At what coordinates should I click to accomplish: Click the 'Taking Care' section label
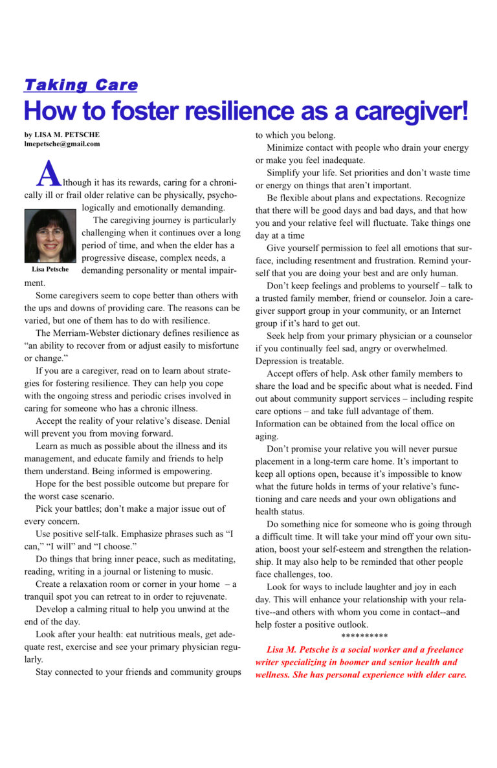click(81, 85)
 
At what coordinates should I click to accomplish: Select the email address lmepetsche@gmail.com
click(62, 144)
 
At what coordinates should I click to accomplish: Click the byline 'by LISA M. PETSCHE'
click(62, 135)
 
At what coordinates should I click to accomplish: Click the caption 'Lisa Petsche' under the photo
click(50, 269)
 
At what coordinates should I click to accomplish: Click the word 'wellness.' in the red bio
click(276, 674)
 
